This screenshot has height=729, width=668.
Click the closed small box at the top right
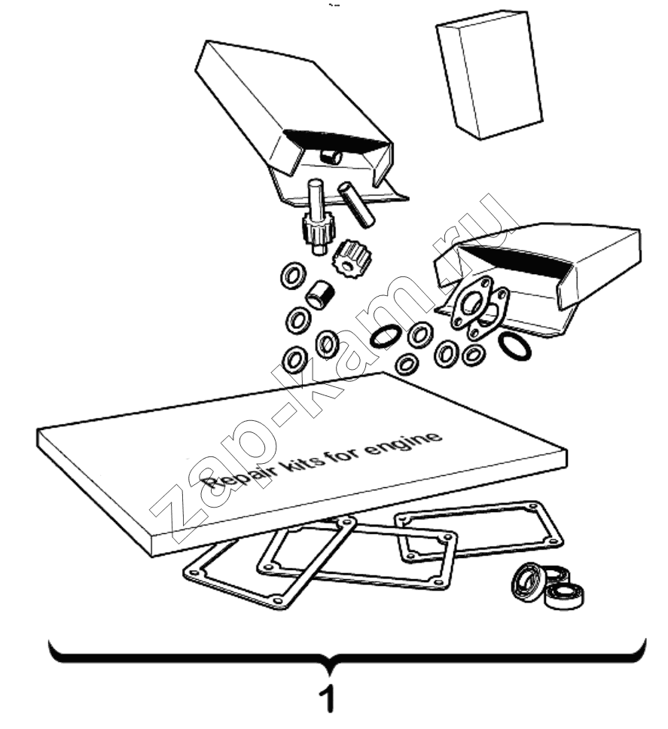[x=489, y=75]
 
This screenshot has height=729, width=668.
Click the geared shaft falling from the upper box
[x=316, y=216]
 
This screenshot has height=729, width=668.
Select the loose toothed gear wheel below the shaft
[x=349, y=261]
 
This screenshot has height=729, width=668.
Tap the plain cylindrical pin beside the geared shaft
[x=356, y=203]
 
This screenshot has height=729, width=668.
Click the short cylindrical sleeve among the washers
[x=319, y=294]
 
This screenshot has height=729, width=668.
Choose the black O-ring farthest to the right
[x=514, y=346]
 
